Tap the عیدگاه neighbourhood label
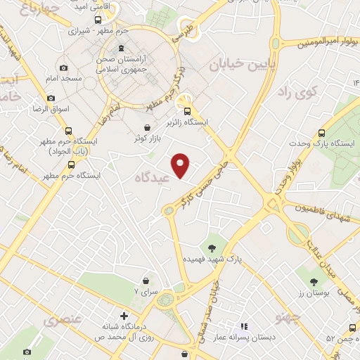pyautogui.click(x=154, y=179)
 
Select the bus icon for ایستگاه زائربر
pyautogui.click(x=186, y=110)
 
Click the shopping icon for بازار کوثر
pyautogui.click(x=146, y=127)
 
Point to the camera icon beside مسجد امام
pyautogui.click(x=64, y=68)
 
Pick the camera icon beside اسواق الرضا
pyautogui.click(x=51, y=98)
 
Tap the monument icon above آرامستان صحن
pyautogui.click(x=124, y=49)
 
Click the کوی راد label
pyautogui.click(x=298, y=91)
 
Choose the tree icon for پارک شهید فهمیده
pyautogui.click(x=211, y=247)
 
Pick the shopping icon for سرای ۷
pyautogui.click(x=145, y=280)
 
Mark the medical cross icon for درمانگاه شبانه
pyautogui.click(x=124, y=316)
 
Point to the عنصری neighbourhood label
pyautogui.click(x=63, y=321)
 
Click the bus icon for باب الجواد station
pyautogui.click(x=67, y=130)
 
